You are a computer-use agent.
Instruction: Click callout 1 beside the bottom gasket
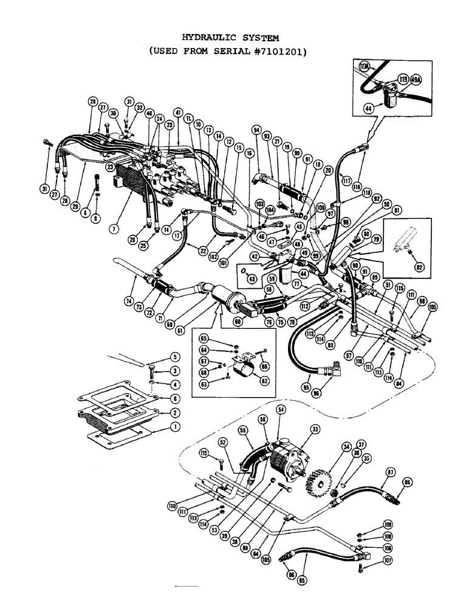(174, 427)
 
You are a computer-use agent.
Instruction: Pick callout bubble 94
(257, 130)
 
